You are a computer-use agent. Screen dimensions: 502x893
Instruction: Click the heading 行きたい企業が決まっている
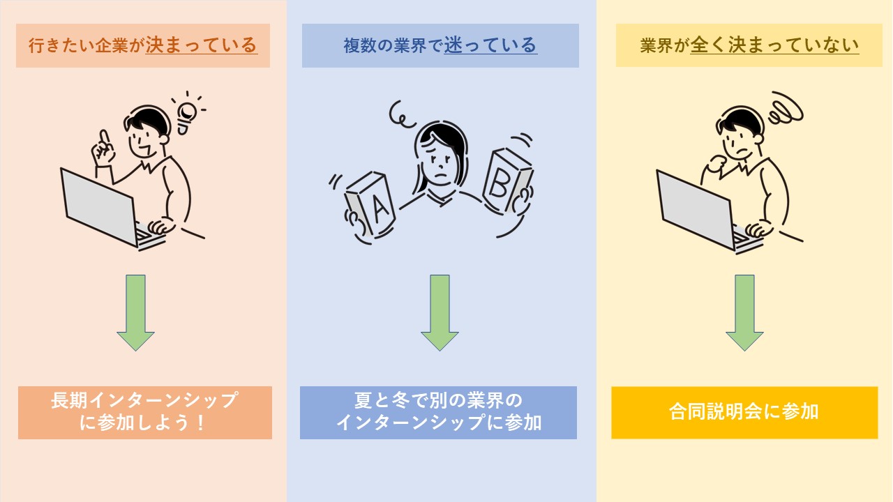tap(143, 46)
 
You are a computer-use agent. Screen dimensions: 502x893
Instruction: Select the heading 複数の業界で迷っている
tap(440, 46)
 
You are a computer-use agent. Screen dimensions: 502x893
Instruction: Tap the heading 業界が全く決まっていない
tap(749, 46)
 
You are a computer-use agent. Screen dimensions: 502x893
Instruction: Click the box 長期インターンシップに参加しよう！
tap(144, 412)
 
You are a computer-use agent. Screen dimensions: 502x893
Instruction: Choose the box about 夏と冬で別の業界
tap(438, 412)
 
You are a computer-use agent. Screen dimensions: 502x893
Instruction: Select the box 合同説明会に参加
tap(744, 412)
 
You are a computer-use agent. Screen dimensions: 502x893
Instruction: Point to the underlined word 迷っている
tap(490, 46)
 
